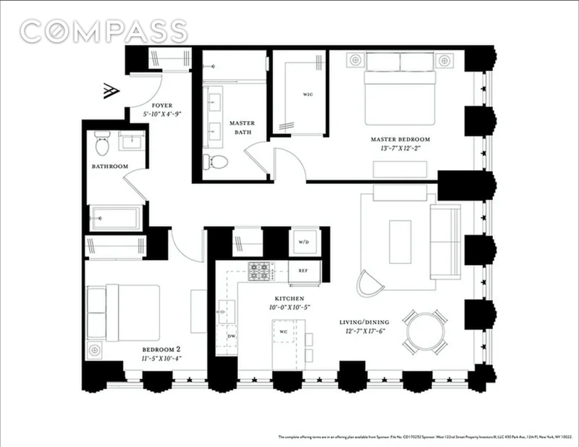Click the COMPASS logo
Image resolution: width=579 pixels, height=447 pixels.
pos(102,31)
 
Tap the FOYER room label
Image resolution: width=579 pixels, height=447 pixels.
pos(158,105)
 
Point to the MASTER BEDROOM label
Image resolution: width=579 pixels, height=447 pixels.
pos(400,139)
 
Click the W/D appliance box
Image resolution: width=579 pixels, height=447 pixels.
pos(303,243)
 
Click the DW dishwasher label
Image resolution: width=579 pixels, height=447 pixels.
pos(231,337)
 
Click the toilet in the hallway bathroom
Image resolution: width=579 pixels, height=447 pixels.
pos(102,146)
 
